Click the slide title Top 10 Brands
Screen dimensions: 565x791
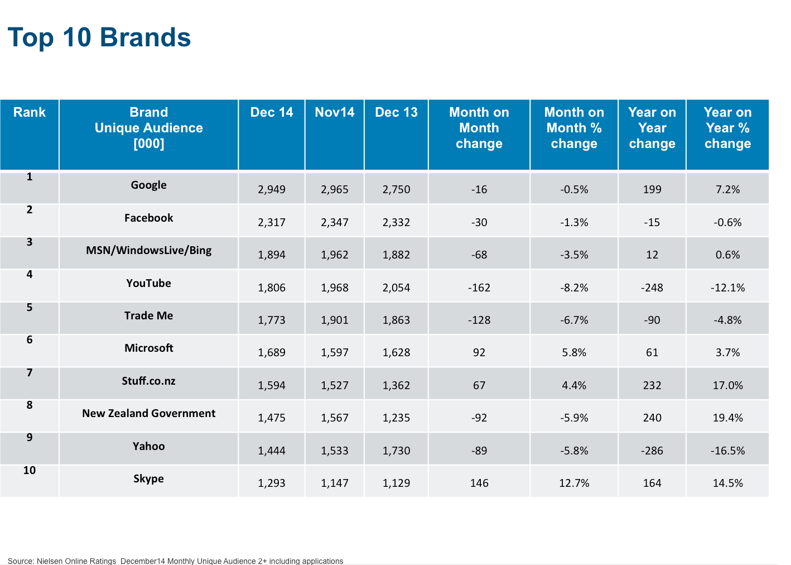pyautogui.click(x=99, y=38)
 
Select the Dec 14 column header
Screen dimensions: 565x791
pyautogui.click(x=272, y=112)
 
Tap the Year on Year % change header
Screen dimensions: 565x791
pyautogui.click(x=727, y=128)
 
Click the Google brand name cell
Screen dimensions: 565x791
pyautogui.click(x=149, y=185)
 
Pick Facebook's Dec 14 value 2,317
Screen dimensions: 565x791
pyautogui.click(x=272, y=222)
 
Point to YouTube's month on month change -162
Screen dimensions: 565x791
pyautogui.click(x=479, y=288)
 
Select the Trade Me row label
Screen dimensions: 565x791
pyautogui.click(x=149, y=315)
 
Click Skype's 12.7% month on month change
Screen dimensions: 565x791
pyautogui.click(x=574, y=483)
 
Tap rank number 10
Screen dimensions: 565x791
pyautogui.click(x=30, y=470)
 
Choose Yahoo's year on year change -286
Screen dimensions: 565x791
pyautogui.click(x=652, y=451)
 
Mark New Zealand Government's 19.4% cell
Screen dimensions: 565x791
pyautogui.click(x=727, y=418)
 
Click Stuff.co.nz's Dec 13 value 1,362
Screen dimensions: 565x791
pyautogui.click(x=396, y=385)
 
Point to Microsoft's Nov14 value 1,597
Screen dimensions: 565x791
pyautogui.click(x=335, y=352)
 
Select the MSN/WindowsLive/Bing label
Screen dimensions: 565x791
pyautogui.click(x=149, y=250)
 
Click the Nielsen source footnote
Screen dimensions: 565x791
pyautogui.click(x=175, y=561)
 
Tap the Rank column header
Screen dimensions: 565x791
pyautogui.click(x=30, y=112)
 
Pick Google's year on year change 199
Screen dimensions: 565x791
pyautogui.click(x=652, y=189)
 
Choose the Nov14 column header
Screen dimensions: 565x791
pyautogui.click(x=335, y=112)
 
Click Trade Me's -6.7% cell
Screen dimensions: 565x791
pyautogui.click(x=574, y=320)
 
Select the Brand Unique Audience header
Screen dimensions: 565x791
pyautogui.click(x=149, y=128)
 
